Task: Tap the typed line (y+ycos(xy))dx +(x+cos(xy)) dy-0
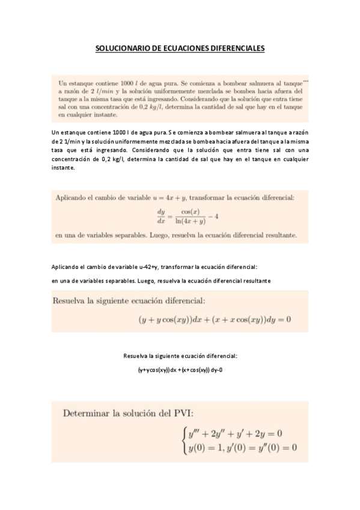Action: coord(180,369)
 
